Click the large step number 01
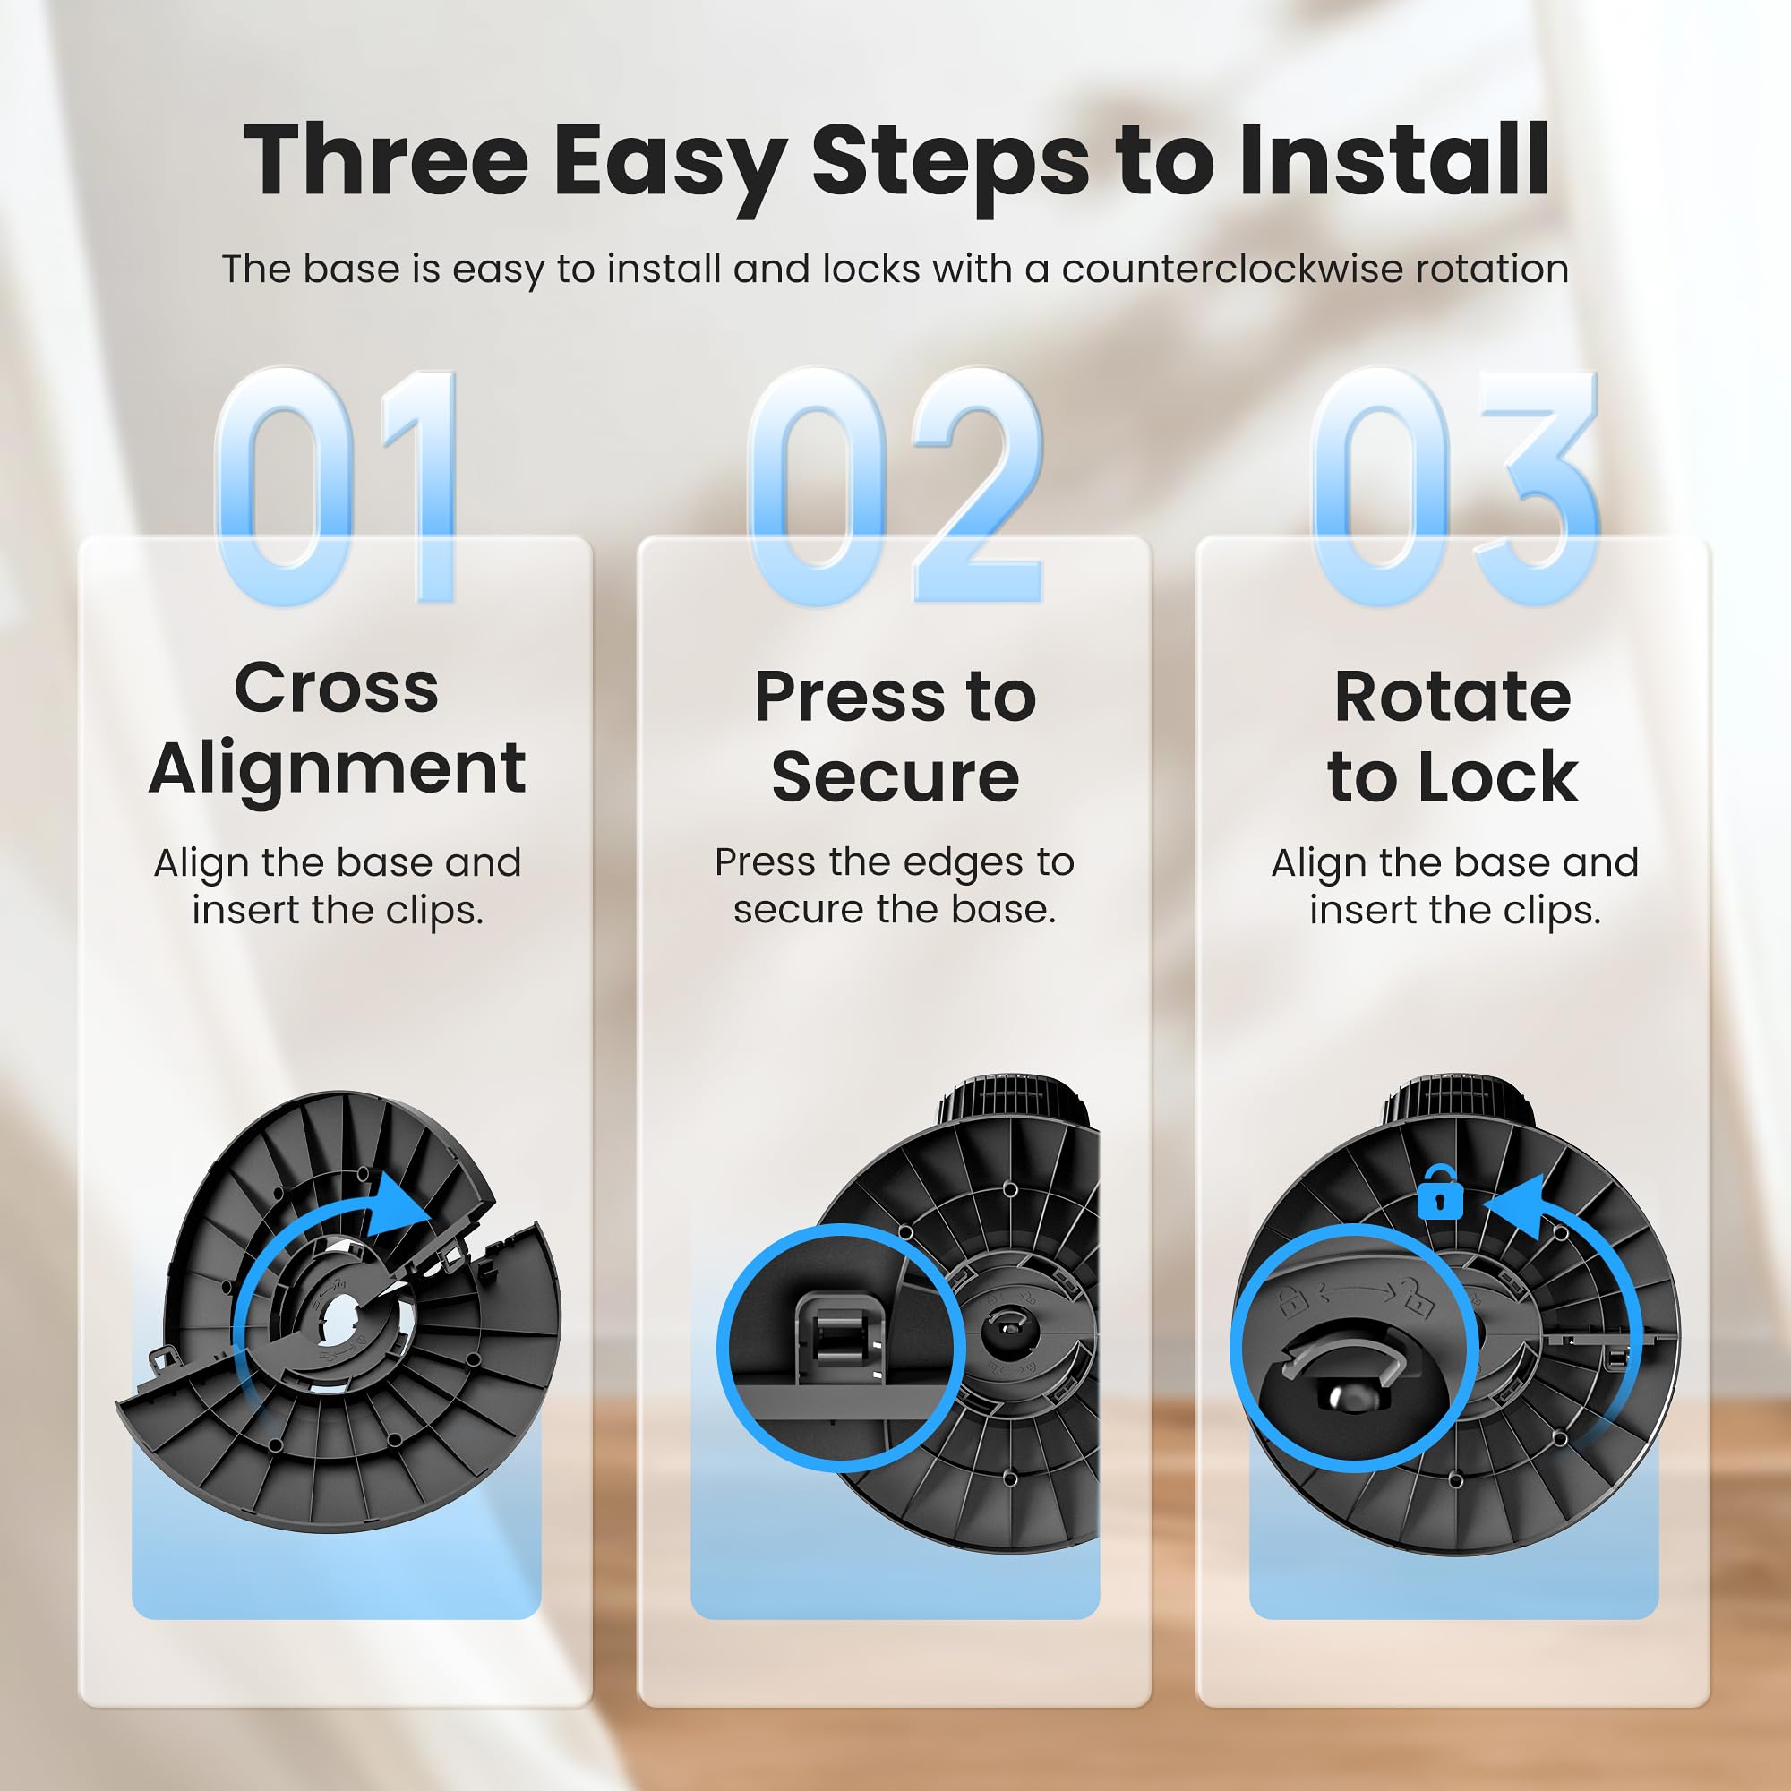pyautogui.click(x=337, y=485)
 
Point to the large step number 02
pyautogui.click(x=895, y=485)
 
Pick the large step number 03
pyautogui.click(x=1454, y=485)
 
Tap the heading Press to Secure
pyautogui.click(x=895, y=735)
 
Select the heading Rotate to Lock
pyautogui.click(x=1453, y=735)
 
